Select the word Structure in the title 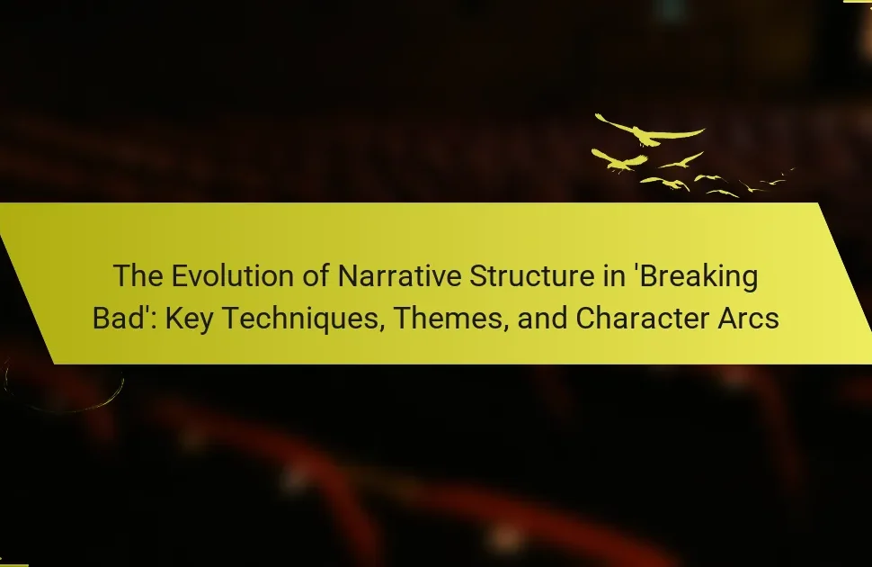tap(531, 276)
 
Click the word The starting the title tap(138, 276)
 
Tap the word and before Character tap(542, 319)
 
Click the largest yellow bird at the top tap(650, 130)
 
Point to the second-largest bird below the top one tap(618, 160)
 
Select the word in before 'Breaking tap(615, 276)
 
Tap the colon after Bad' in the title tap(156, 321)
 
